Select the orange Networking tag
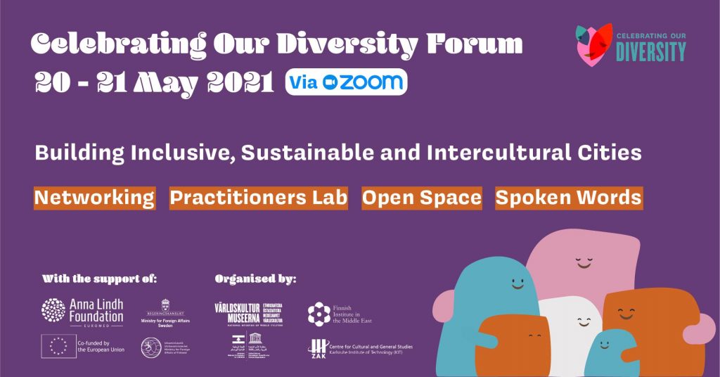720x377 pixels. [94, 198]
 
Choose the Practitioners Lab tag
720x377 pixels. [259, 198]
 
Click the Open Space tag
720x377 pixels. [422, 198]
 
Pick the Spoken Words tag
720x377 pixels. [569, 198]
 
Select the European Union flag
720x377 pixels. [58, 346]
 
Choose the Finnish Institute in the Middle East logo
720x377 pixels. [340, 314]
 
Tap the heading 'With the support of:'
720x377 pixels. [99, 278]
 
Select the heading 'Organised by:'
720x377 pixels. [255, 279]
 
